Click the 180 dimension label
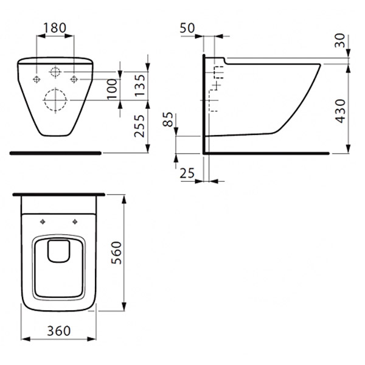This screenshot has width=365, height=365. [55, 28]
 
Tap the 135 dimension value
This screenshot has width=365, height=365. [141, 85]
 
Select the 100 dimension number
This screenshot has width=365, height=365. [113, 89]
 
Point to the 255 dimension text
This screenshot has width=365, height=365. [140, 126]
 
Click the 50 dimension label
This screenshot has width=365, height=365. [187, 28]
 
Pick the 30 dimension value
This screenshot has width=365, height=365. [340, 41]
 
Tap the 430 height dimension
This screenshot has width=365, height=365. [340, 111]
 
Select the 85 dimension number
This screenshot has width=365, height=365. [168, 119]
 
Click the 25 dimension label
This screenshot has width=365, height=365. [187, 173]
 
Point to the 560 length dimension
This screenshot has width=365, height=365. [116, 252]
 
